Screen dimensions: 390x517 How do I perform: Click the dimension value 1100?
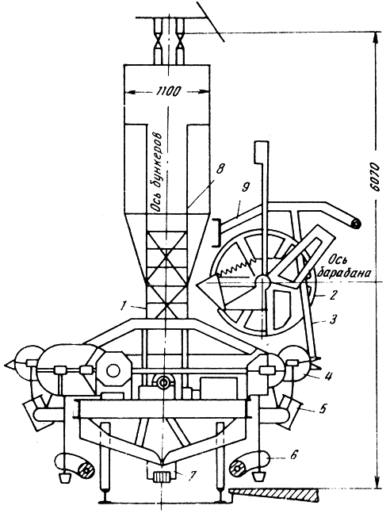(x=167, y=91)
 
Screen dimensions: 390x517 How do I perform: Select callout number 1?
(x=123, y=306)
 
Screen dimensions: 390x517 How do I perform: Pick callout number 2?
(x=332, y=295)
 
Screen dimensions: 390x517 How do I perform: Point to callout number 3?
(x=333, y=319)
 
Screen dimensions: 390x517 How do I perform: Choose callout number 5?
(x=323, y=408)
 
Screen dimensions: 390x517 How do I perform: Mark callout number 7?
(x=192, y=475)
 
